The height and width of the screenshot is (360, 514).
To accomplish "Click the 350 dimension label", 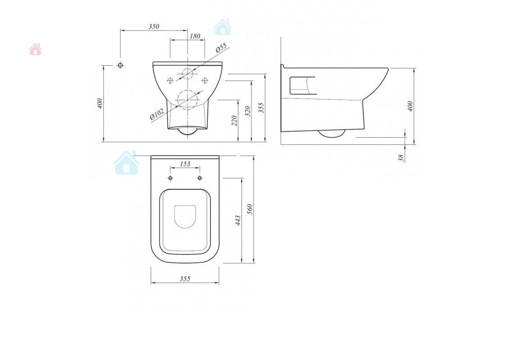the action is click(154, 27).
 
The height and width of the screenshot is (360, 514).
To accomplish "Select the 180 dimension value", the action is click(195, 36).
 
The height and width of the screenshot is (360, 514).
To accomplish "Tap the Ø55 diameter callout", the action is click(222, 48).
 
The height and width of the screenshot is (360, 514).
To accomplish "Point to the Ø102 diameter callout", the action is click(157, 114).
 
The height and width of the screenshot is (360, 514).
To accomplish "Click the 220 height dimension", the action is click(234, 121).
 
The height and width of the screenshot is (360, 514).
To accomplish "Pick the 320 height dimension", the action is click(248, 111).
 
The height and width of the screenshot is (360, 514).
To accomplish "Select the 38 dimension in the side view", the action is click(401, 158).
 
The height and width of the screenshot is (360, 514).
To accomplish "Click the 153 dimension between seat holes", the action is click(185, 164).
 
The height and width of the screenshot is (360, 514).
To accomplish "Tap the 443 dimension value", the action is click(238, 220).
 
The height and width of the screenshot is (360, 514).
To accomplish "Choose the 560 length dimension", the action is click(250, 209).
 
